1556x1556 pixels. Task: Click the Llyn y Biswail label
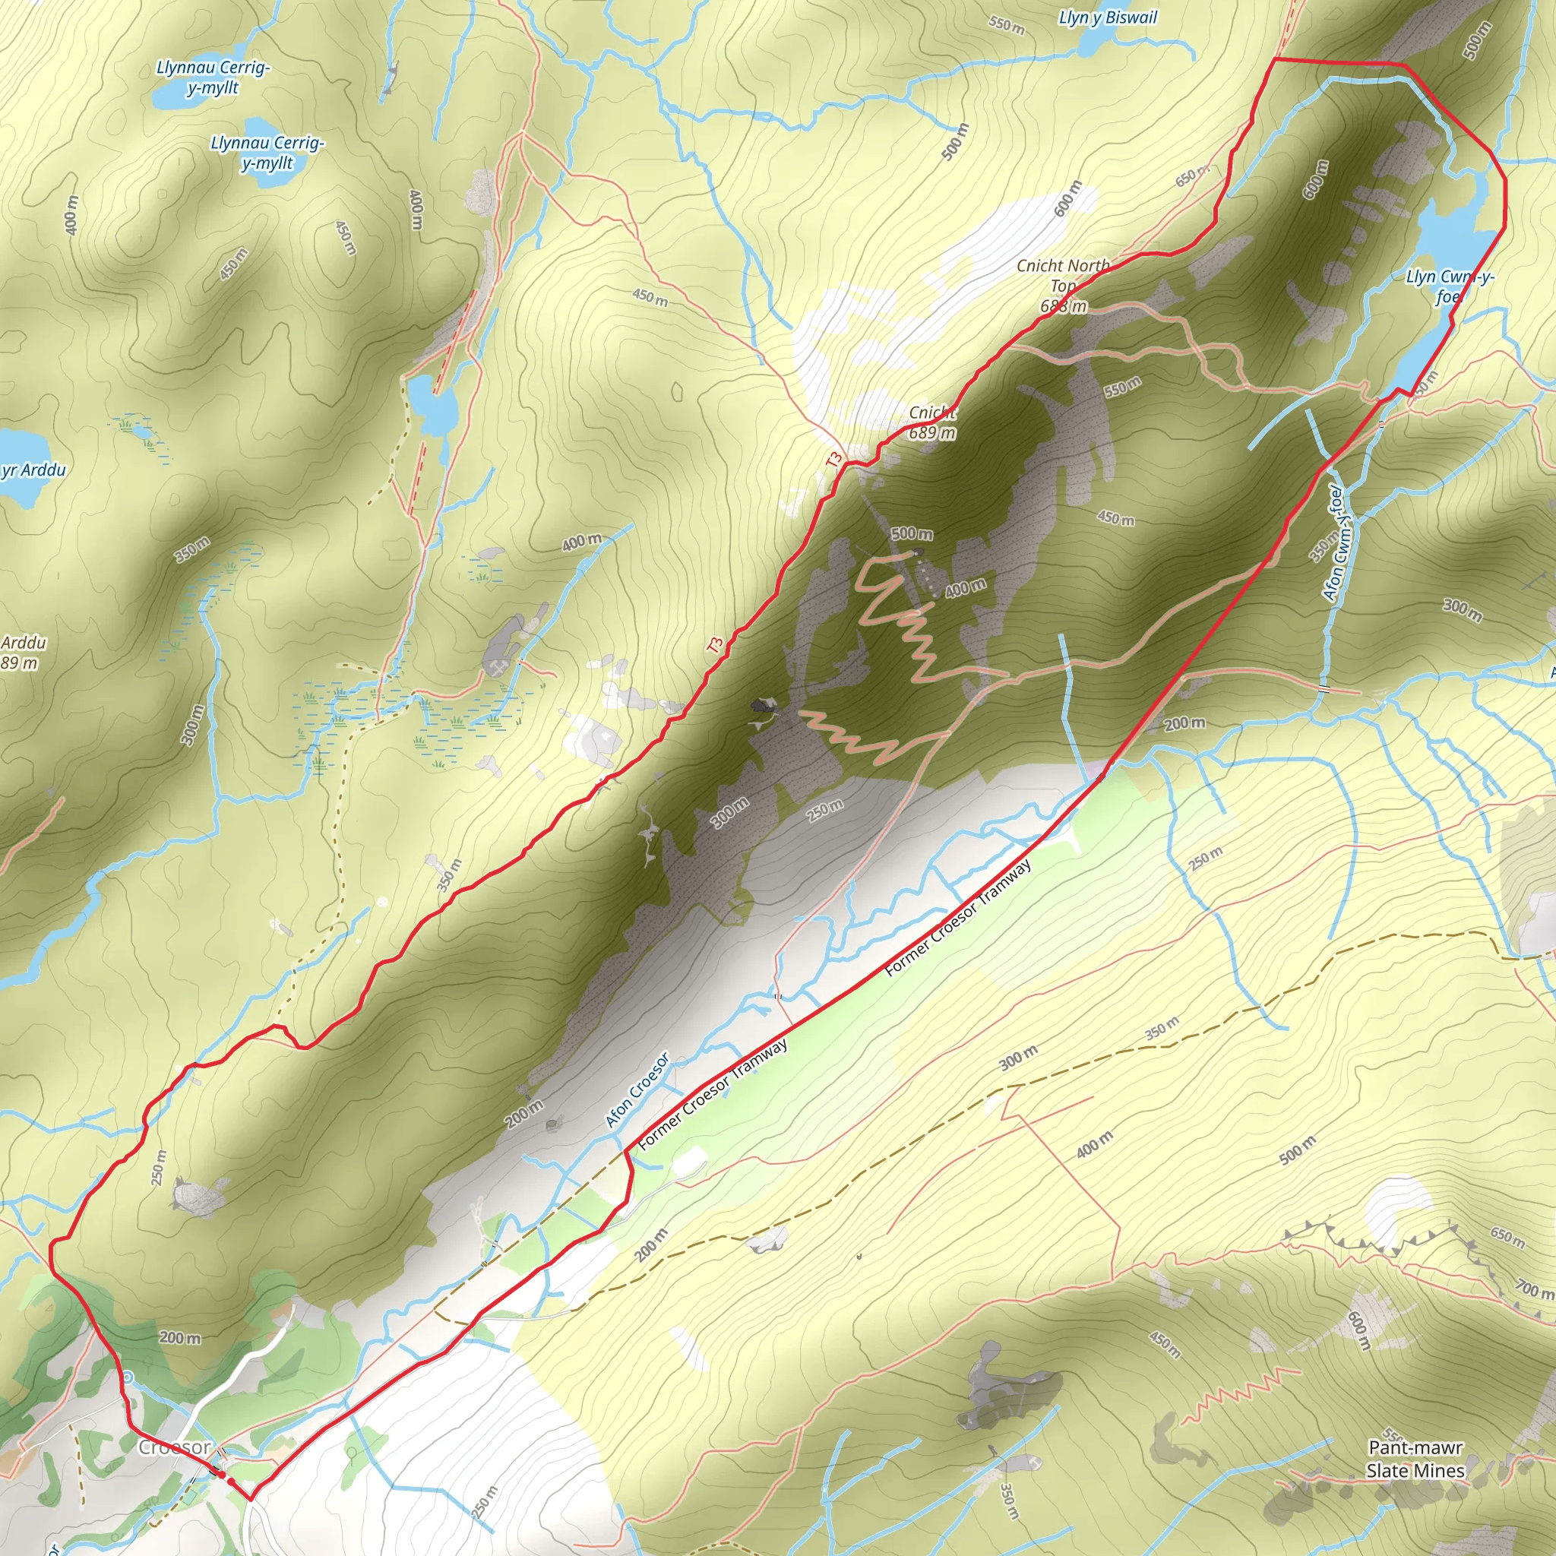pyautogui.click(x=1108, y=17)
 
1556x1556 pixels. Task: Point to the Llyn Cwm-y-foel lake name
pyautogui.click(x=1449, y=286)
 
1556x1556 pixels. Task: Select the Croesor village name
pyautogui.click(x=174, y=1447)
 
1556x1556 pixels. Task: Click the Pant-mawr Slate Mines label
pyautogui.click(x=1415, y=1459)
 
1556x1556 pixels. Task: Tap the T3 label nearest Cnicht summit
pyautogui.click(x=834, y=459)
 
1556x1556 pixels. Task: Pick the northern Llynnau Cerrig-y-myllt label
pyautogui.click(x=213, y=77)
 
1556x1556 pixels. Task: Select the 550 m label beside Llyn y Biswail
pyautogui.click(x=1007, y=26)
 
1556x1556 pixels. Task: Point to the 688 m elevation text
pyautogui.click(x=1063, y=306)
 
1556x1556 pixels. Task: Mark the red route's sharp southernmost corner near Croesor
pyautogui.click(x=250, y=1500)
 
